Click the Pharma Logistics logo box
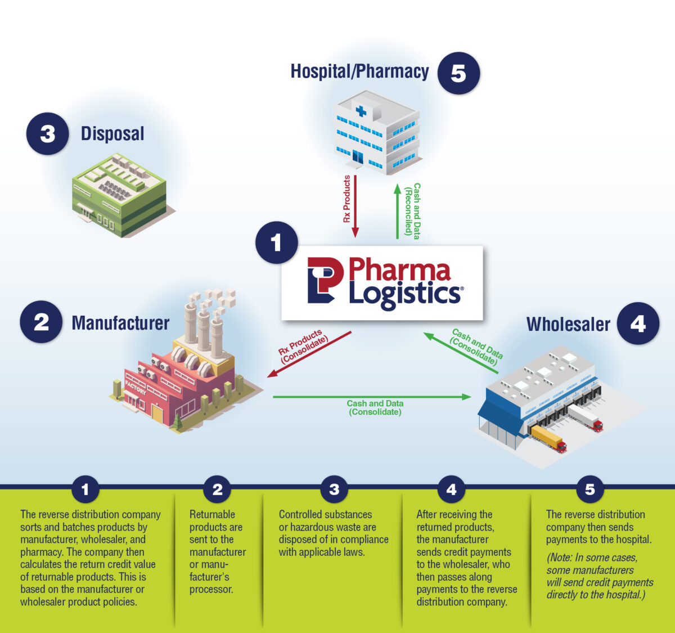pyautogui.click(x=382, y=282)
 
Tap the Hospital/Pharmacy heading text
pyautogui.click(x=359, y=71)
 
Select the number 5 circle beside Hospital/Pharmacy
pyautogui.click(x=458, y=73)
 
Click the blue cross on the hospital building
pyautogui.click(x=361, y=111)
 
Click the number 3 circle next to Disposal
pyautogui.click(x=47, y=134)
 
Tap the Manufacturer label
pyautogui.click(x=120, y=323)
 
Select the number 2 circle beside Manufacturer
pyautogui.click(x=41, y=322)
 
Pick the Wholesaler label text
pyautogui.click(x=568, y=324)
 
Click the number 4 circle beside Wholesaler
pyautogui.click(x=638, y=324)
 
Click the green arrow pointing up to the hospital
pyautogui.click(x=397, y=211)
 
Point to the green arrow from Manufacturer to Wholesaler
pyautogui.click(x=371, y=397)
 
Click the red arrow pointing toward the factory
pyautogui.click(x=309, y=354)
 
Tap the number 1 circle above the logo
pyautogui.click(x=276, y=243)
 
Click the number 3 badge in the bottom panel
pyautogui.click(x=334, y=489)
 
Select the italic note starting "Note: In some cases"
pyautogui.click(x=599, y=576)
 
